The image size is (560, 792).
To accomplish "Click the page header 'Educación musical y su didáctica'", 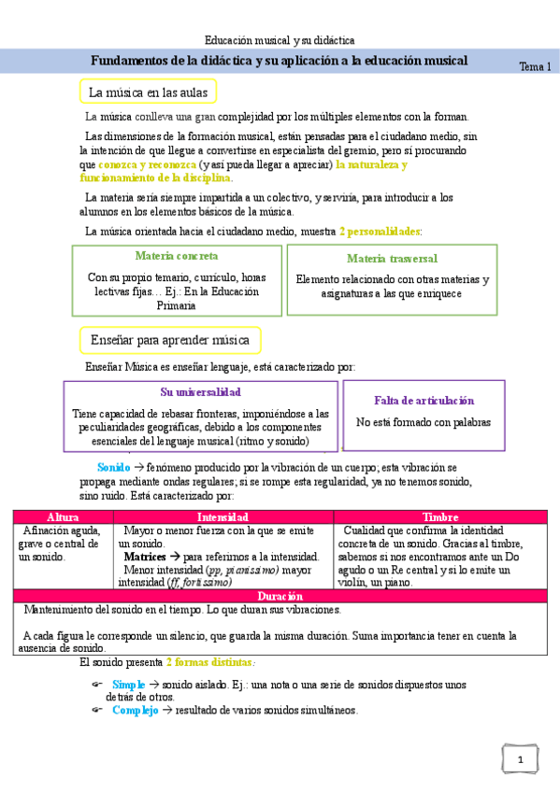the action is tap(280, 40).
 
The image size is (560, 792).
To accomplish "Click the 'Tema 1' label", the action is tap(535, 67).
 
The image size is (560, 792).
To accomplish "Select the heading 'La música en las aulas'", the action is tap(149, 92).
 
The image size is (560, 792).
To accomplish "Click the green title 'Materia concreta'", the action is tap(177, 256).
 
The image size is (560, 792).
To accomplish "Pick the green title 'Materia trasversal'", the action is tap(392, 258).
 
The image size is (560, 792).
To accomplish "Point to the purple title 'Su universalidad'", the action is tap(200, 392).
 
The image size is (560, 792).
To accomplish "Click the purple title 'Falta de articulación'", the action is tap(424, 400).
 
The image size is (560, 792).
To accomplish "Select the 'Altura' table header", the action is tap(63, 516).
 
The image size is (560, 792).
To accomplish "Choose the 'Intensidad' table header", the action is tap(223, 516).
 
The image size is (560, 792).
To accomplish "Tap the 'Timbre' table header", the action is tap(440, 516).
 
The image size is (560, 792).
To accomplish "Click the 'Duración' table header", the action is tap(280, 596).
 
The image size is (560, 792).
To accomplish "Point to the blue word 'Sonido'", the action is tap(114, 467).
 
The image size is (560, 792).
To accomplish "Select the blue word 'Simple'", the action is tap(128, 685).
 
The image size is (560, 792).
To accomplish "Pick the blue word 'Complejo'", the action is tap(134, 710).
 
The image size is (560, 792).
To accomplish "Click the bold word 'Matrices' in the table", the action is tap(145, 556).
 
